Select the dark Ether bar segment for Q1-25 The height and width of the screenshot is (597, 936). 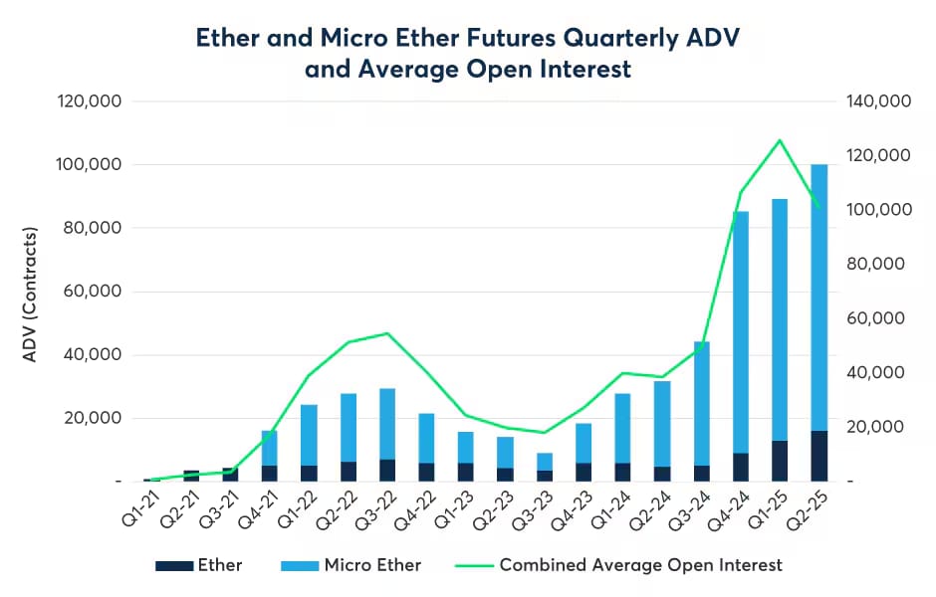coord(781,461)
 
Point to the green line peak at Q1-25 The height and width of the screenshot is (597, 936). coord(781,140)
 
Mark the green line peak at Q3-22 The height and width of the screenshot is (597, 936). coord(387,333)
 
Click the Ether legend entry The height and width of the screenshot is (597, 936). coord(199,565)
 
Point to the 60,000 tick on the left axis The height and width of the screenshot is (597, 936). coord(90,292)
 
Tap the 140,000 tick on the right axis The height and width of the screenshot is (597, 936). coord(875,101)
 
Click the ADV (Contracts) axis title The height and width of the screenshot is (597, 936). coord(30,295)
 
